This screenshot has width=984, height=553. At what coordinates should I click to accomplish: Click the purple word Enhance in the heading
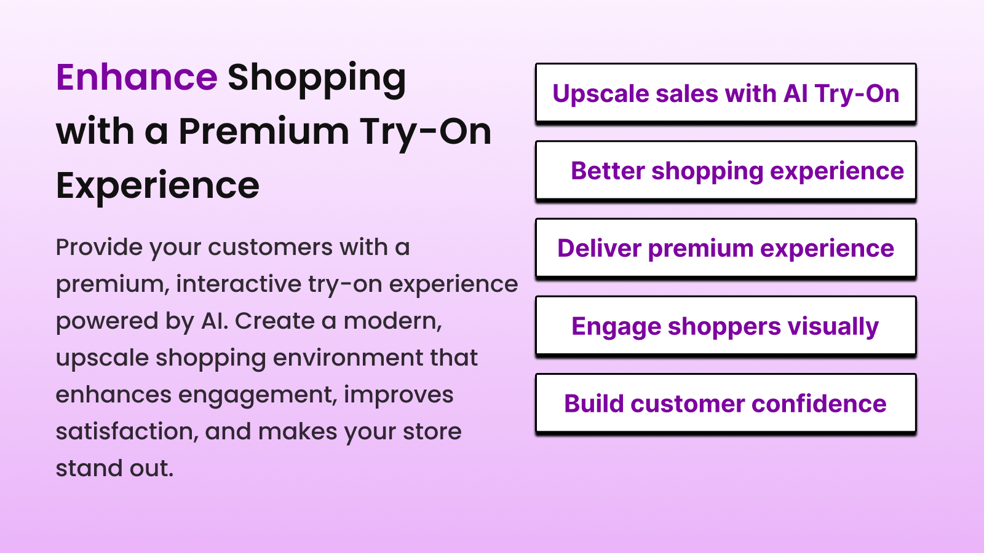[x=137, y=77]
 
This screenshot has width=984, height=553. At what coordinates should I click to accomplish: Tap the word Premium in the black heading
[x=264, y=131]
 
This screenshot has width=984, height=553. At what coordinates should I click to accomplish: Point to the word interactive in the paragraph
[x=239, y=284]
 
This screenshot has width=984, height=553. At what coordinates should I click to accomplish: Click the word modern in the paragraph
[x=392, y=321]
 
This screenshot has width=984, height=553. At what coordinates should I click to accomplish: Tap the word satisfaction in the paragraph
[x=127, y=431]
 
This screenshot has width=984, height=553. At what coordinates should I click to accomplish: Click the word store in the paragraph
[x=432, y=431]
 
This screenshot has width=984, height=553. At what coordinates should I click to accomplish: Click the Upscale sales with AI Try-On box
[x=726, y=93]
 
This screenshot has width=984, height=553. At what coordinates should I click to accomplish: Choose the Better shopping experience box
[x=726, y=171]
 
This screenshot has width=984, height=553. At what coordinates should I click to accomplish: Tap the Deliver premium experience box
[x=726, y=248]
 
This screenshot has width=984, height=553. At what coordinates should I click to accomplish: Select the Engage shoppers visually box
[x=726, y=326]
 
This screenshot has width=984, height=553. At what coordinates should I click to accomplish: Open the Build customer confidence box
[x=726, y=404]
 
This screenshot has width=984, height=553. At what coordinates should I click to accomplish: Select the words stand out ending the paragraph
[x=114, y=468]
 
